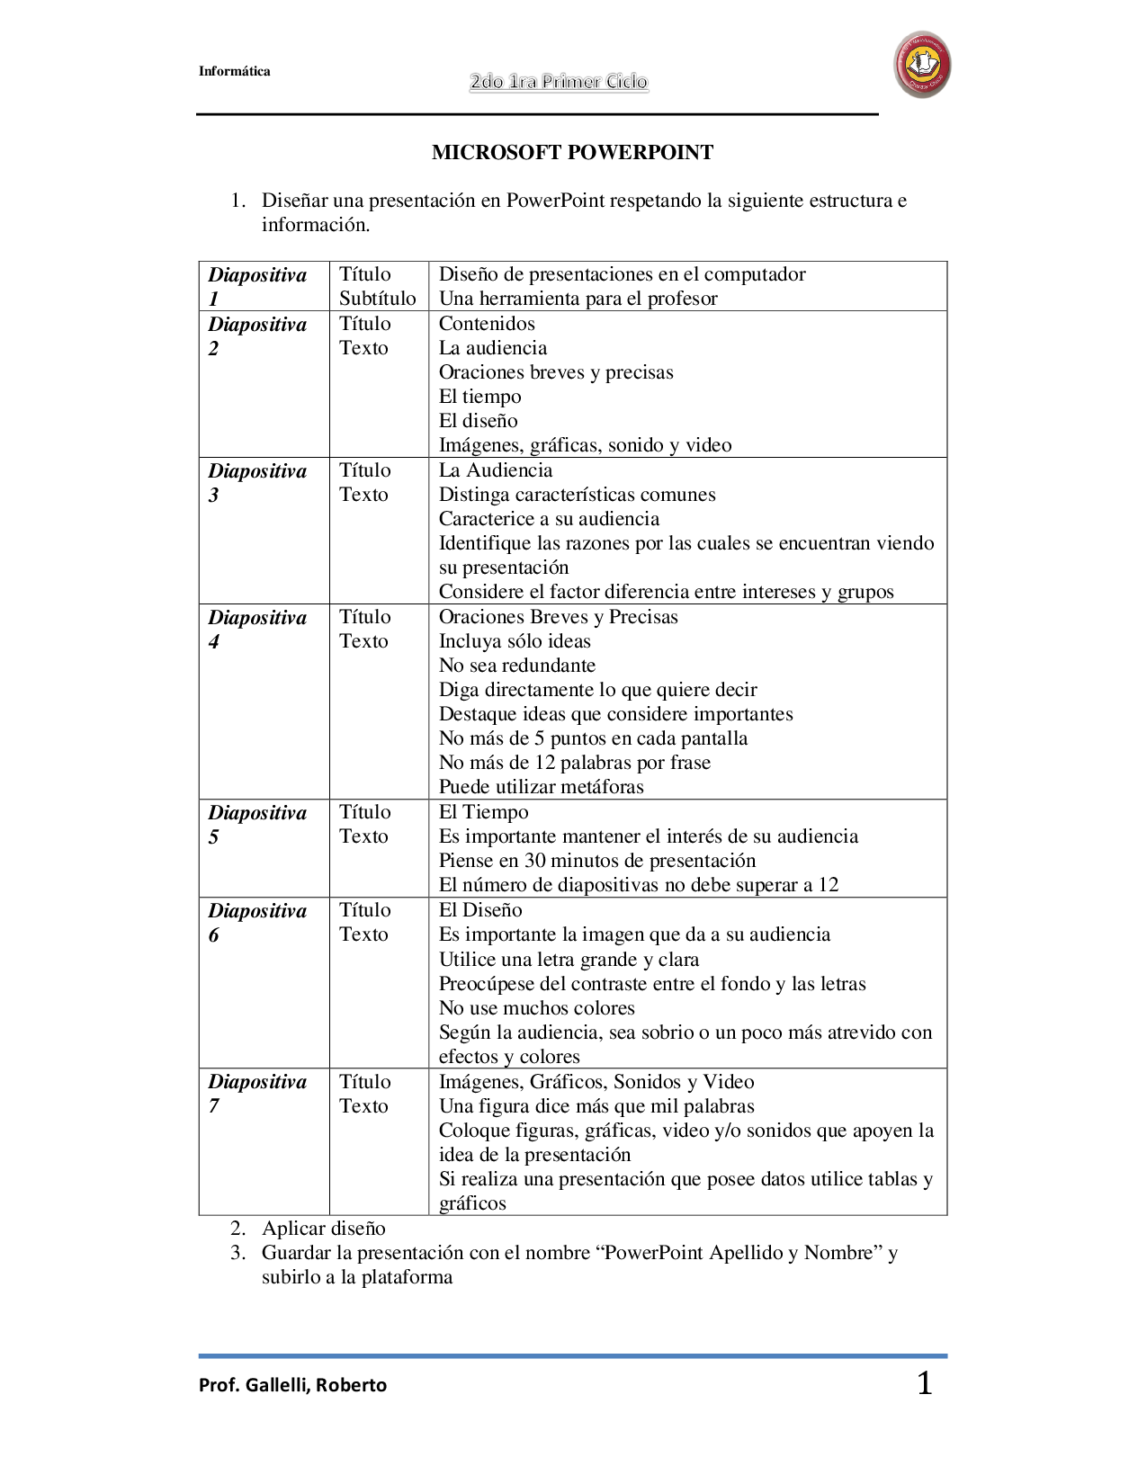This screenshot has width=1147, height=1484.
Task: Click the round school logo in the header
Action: [922, 65]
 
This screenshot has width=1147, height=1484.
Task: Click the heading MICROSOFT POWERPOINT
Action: [572, 153]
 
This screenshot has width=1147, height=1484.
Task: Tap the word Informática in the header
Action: [234, 72]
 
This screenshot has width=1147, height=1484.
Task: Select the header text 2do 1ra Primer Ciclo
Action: [559, 82]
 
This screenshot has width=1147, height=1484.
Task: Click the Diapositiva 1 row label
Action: [257, 286]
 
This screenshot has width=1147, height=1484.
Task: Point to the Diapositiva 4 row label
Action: [257, 629]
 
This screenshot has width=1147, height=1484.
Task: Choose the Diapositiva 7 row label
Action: [257, 1093]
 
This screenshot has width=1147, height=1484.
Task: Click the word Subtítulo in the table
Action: [377, 299]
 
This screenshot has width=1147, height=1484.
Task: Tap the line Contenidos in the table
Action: [487, 324]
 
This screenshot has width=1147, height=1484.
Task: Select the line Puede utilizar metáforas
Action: [541, 787]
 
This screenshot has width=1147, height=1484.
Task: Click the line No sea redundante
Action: [516, 666]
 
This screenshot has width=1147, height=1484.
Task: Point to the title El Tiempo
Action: [483, 812]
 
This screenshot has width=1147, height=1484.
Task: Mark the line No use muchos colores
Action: [536, 1008]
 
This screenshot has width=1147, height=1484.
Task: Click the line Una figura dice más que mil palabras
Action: [596, 1106]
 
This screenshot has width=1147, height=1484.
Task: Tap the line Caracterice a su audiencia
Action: [549, 519]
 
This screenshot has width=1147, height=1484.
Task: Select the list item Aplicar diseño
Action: [323, 1229]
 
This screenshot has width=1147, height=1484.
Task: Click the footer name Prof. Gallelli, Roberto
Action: [292, 1385]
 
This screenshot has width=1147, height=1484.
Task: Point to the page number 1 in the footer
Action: [924, 1383]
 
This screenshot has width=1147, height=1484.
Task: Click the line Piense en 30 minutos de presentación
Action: [596, 861]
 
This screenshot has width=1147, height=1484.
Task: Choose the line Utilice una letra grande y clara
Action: [569, 960]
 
